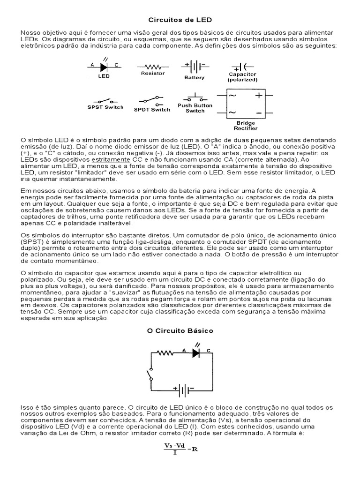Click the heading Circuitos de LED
pos(180,20)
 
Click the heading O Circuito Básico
pos(180,330)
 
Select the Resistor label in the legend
pos(153,73)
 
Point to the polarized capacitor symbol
pos(242,67)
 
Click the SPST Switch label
pos(105,107)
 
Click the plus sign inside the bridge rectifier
pos(258,96)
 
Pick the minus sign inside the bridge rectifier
pos(258,113)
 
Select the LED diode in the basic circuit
pos(197,354)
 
